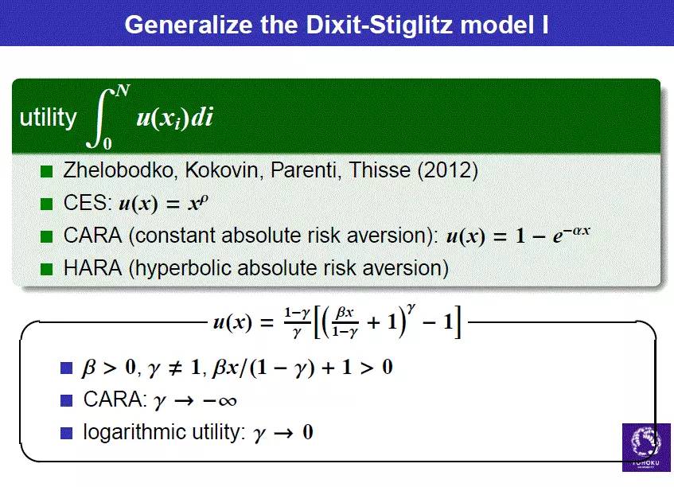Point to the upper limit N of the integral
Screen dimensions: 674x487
123,91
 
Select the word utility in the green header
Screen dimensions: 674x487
48,117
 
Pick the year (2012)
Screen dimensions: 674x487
448,170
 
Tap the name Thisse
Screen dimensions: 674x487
379,170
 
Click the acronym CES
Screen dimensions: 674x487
85,202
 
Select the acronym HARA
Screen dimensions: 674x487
93,268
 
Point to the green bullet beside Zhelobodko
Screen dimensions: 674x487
46,171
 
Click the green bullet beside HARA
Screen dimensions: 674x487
46,269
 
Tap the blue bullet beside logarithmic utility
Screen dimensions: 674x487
67,433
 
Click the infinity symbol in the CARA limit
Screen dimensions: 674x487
226,402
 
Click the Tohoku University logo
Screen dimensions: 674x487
646,447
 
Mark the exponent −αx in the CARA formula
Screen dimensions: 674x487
576,232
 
